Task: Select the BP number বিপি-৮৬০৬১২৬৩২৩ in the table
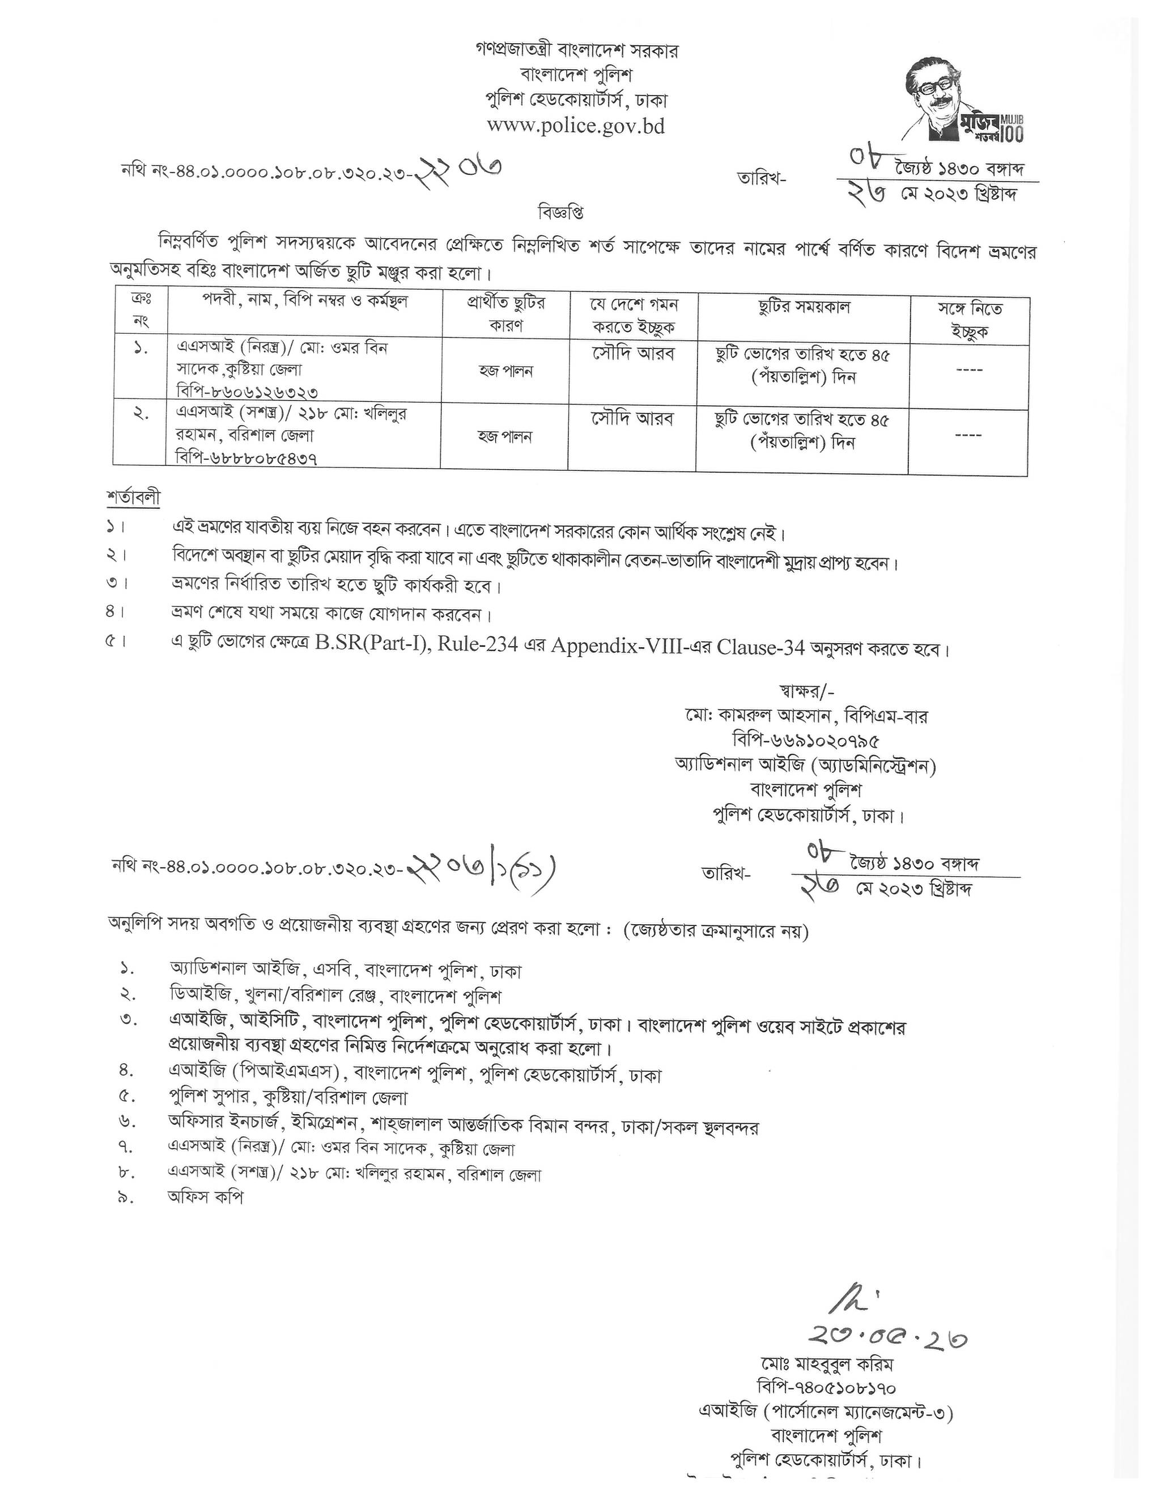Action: point(247,390)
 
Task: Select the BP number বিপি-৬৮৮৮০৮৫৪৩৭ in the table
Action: point(246,457)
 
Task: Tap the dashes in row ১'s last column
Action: point(969,371)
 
